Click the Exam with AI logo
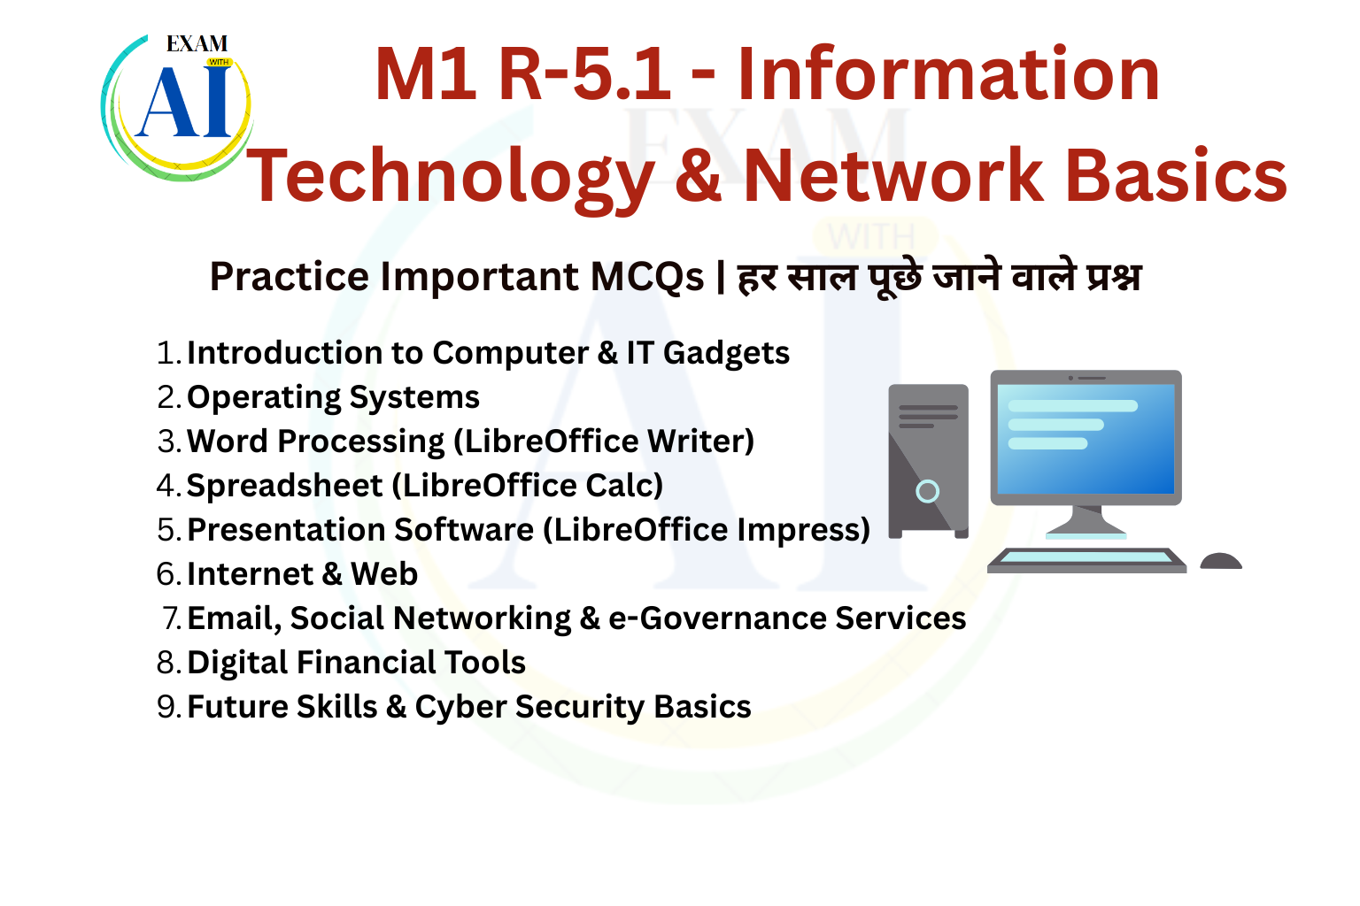(177, 107)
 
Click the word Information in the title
(948, 75)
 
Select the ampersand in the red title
(699, 175)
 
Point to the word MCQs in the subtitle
(647, 277)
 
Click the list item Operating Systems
(333, 397)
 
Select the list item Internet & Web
(302, 573)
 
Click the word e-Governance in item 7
(718, 618)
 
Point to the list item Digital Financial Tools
(357, 662)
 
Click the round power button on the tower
(927, 491)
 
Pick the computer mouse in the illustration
(1221, 561)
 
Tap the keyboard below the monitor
(1086, 561)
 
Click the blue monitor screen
(1086, 439)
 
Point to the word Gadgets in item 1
(726, 353)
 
